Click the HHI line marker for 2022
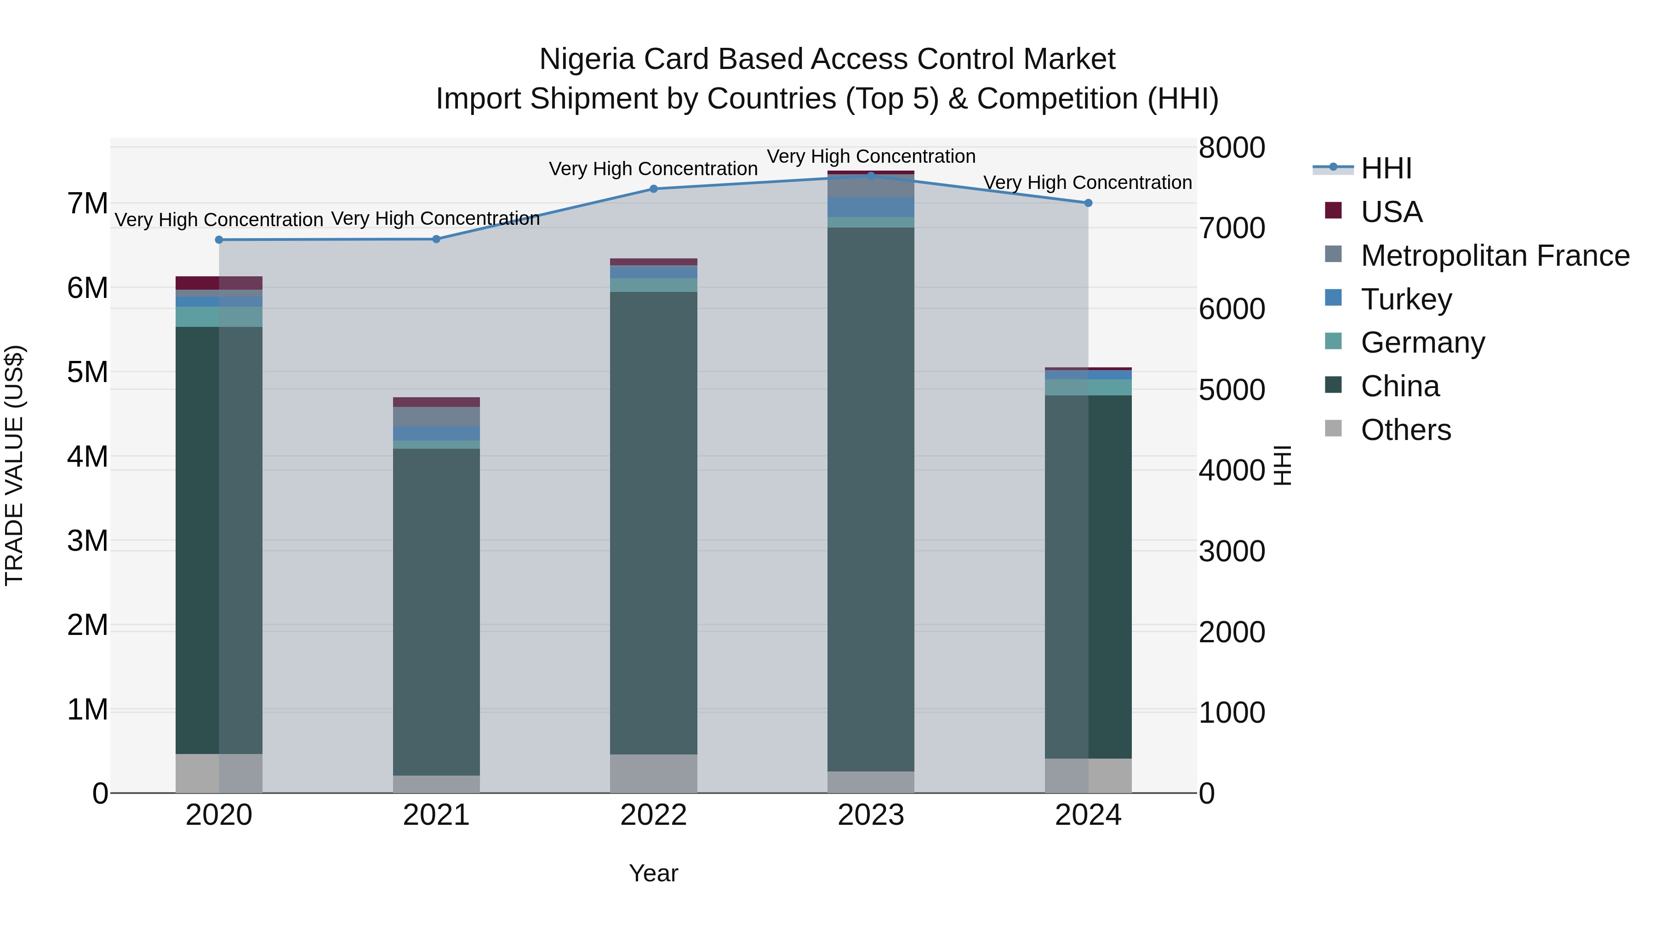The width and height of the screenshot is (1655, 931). pos(653,189)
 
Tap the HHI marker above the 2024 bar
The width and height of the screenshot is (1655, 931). pos(1088,203)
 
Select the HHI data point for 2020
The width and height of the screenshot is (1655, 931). pos(219,240)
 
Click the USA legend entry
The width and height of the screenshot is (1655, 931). pos(1391,212)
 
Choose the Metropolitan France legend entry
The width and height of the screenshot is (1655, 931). pos(1495,256)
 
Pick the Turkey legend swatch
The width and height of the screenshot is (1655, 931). pos(1333,298)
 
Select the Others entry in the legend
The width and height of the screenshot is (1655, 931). pos(1405,430)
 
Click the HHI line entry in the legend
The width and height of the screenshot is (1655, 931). pos(1385,168)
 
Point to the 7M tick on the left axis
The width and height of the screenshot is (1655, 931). pos(87,204)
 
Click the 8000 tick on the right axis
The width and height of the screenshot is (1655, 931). pos(1232,148)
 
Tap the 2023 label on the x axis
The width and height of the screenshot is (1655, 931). pos(871,815)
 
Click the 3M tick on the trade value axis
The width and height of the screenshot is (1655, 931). pos(87,541)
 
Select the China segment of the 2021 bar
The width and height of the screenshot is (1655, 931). pos(436,611)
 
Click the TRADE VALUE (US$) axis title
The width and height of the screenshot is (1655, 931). pos(14,465)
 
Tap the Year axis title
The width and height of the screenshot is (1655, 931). pos(653,873)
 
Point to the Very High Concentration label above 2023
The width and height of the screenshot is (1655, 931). pos(871,157)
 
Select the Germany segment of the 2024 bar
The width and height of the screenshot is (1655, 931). pos(1088,388)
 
